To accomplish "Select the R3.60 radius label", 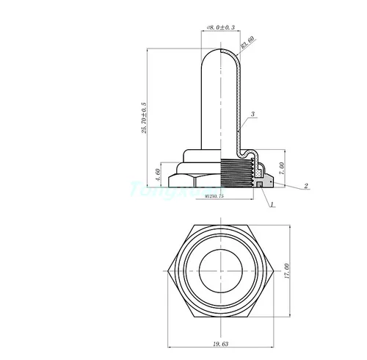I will [247, 42].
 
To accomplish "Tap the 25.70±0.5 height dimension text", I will [145, 118].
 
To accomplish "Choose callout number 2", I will [306, 187].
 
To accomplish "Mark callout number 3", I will [252, 115].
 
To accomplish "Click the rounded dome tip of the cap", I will [219, 53].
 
